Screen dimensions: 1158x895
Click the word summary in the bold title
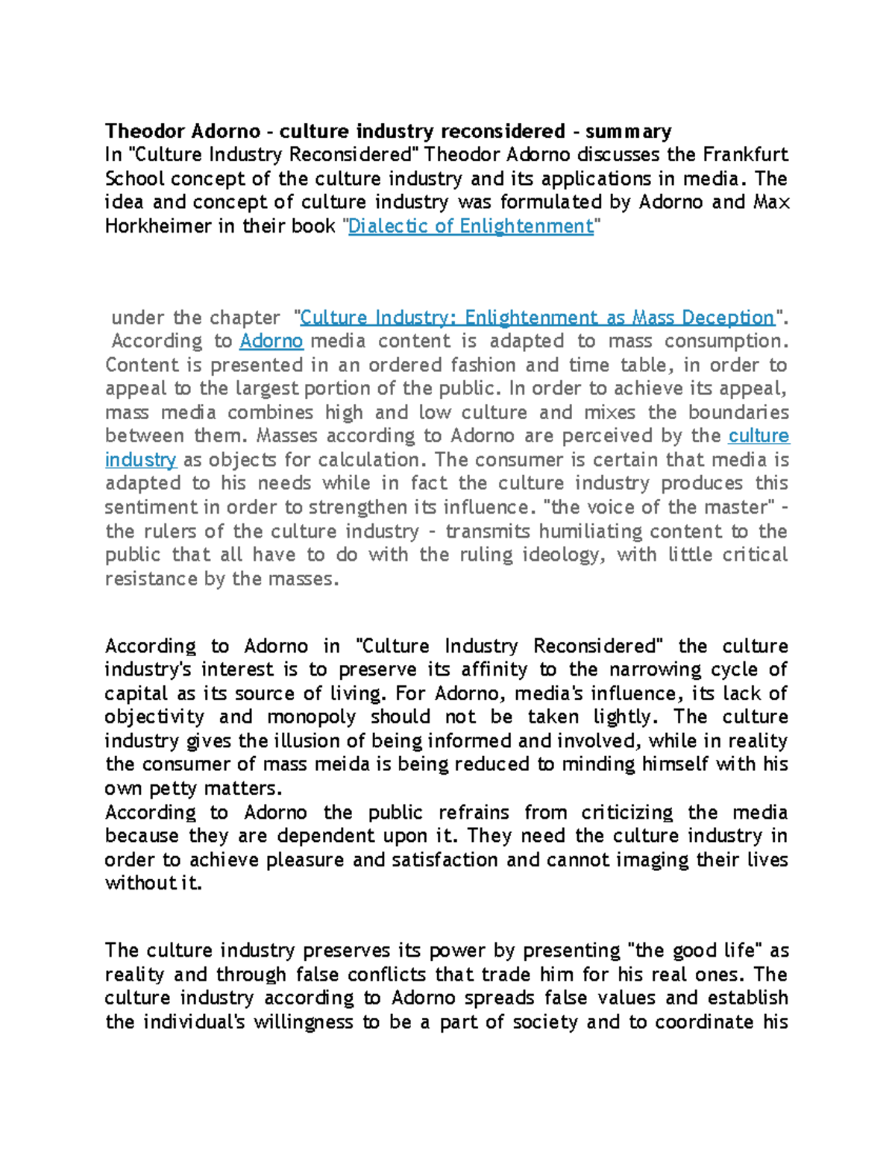click(628, 132)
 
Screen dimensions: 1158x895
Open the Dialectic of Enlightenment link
click(471, 227)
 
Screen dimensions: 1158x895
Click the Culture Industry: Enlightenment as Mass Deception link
click(537, 318)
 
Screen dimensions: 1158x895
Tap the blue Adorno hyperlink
click(271, 342)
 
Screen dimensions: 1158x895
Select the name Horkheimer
click(157, 227)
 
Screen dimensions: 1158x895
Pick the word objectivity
click(154, 717)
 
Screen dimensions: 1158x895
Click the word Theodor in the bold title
click(145, 132)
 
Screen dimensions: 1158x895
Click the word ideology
click(559, 556)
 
